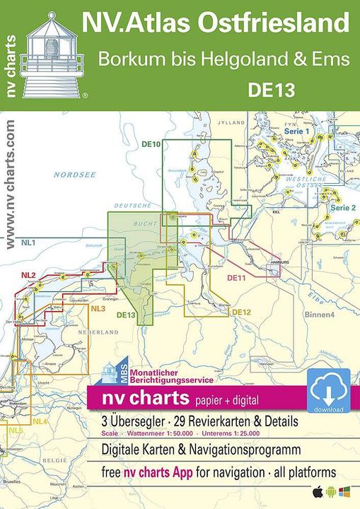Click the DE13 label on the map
tap(126, 315)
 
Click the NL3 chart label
tap(98, 308)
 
